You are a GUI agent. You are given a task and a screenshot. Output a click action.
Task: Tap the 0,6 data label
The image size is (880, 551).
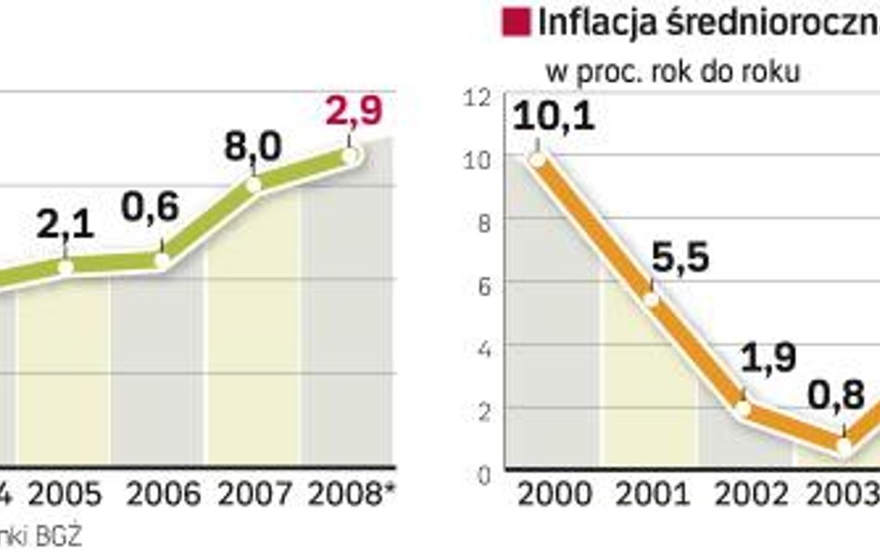150,208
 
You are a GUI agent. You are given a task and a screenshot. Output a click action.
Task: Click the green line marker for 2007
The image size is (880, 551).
254,184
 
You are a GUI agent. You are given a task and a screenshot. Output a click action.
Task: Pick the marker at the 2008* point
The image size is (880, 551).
349,155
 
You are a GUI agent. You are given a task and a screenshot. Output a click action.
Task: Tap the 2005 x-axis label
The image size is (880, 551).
65,493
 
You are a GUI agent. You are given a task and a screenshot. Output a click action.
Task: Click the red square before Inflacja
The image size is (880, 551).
515,20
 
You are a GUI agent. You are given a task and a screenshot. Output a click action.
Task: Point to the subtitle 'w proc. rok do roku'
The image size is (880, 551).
673,72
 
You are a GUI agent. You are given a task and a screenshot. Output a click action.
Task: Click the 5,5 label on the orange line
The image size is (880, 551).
680,258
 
